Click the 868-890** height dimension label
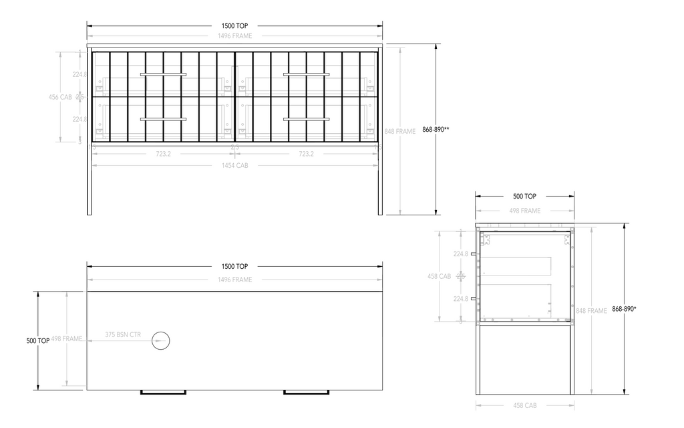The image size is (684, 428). point(436,130)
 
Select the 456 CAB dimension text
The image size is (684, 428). point(60,97)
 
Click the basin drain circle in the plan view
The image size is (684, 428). point(161,341)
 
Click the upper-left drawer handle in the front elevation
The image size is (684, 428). point(163,75)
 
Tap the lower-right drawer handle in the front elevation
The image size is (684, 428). point(306,119)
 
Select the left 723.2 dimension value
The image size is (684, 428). point(163,154)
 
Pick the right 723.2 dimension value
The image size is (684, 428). point(306,154)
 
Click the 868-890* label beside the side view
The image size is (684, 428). point(624,309)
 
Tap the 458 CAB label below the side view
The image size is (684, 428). point(524,405)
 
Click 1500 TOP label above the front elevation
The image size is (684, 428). point(234,25)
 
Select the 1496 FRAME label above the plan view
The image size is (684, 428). point(234,280)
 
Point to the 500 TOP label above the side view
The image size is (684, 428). point(524,197)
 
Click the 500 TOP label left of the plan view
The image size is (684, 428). point(37,340)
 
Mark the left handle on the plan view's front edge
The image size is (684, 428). point(163,392)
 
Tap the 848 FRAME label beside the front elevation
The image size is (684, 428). point(401,132)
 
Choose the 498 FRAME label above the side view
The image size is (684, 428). point(524,211)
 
